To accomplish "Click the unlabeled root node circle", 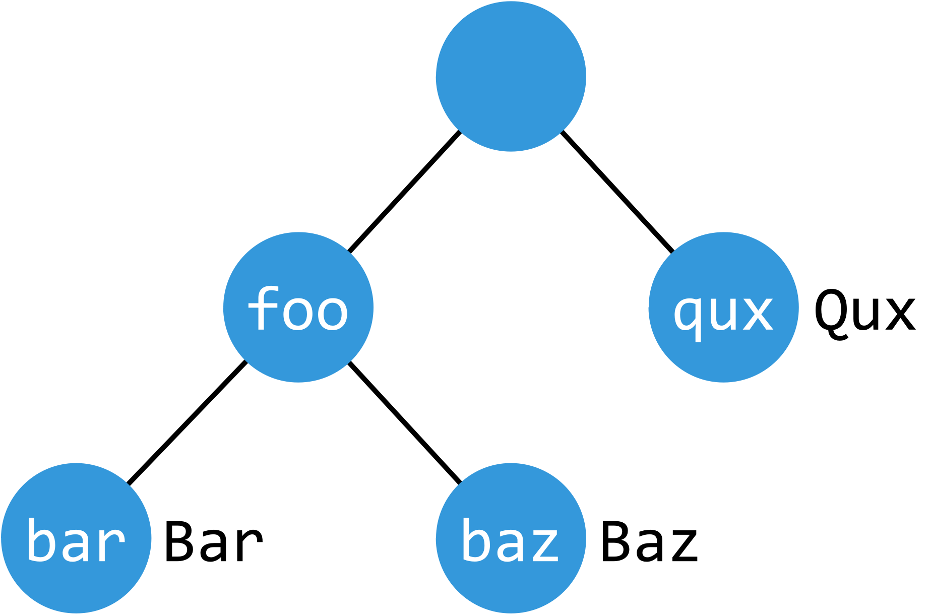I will pos(511,76).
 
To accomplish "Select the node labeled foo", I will pos(298,307).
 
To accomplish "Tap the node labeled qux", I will pos(723,307).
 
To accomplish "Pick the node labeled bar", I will pos(76,538).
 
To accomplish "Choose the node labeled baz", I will pos(511,538).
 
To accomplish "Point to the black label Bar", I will pos(213,542).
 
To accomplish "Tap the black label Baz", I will pos(649,542).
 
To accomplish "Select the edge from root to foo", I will pos(404,192).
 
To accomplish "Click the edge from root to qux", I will pos(617,192).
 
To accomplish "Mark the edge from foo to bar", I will pos(187,423).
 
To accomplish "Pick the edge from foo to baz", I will pos(404,422).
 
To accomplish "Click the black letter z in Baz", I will pos(683,546).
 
